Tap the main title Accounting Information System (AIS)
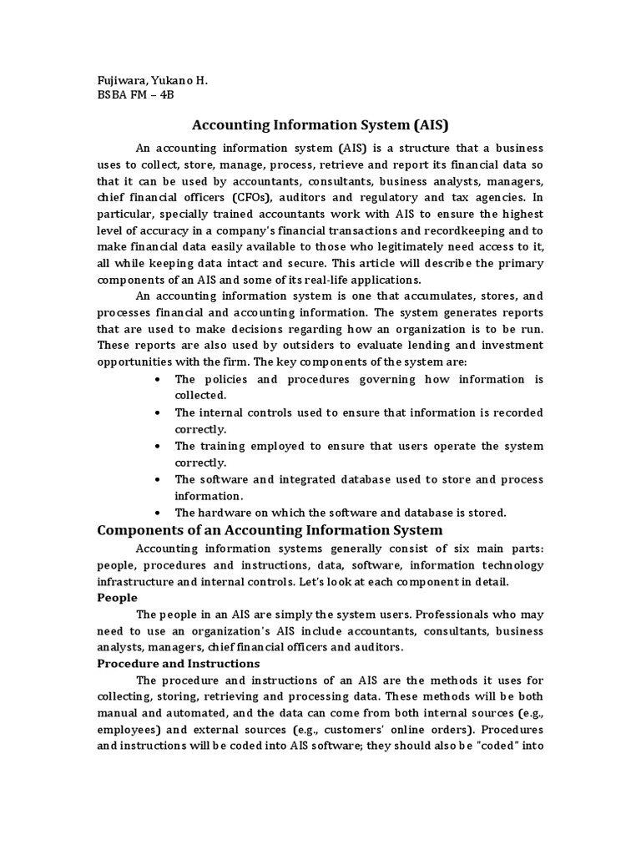320,125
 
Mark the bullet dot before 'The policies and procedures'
159,380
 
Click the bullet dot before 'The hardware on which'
159,513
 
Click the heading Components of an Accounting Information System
270,530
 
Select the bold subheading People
118,598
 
